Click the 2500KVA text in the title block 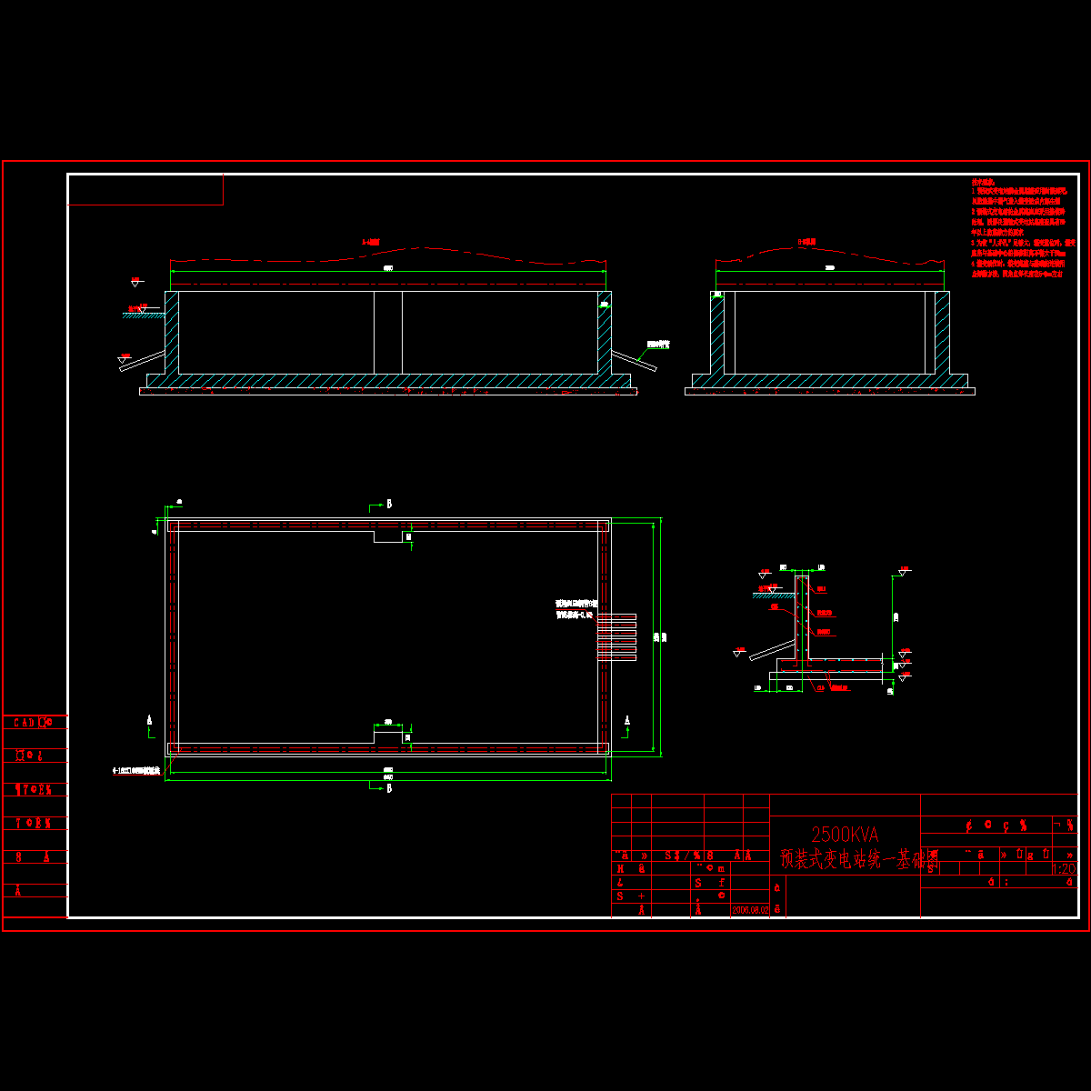point(845,833)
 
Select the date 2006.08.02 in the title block point(750,908)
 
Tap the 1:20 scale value point(1063,869)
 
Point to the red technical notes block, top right point(1018,227)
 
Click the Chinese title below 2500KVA point(859,859)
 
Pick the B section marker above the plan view point(388,503)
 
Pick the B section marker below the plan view point(388,787)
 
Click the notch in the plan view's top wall point(389,536)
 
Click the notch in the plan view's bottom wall point(389,735)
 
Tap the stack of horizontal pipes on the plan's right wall point(616,636)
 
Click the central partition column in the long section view point(388,332)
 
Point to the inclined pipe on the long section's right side point(634,359)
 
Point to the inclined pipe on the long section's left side point(143,361)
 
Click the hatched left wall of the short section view point(717,332)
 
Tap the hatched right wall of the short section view point(942,332)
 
